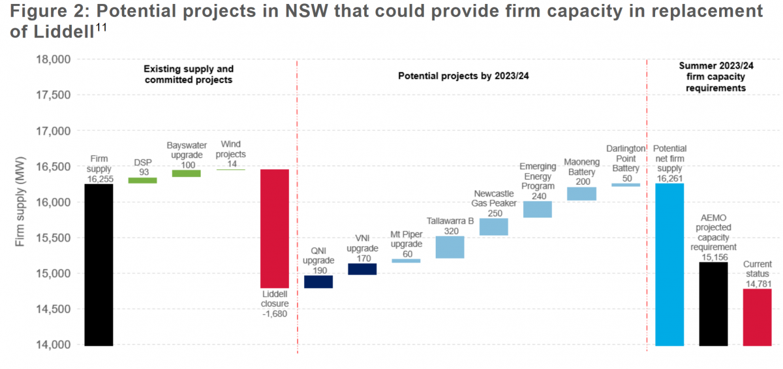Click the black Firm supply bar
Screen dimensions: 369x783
tap(99, 264)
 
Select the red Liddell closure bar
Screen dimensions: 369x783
tap(275, 229)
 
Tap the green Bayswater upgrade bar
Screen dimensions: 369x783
tap(187, 173)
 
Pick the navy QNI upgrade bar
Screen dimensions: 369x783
tap(318, 281)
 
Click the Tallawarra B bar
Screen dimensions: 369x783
tap(450, 247)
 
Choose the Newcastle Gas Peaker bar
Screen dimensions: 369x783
tap(494, 226)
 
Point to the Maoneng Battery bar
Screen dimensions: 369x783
tap(581, 194)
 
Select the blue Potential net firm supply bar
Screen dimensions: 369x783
tap(669, 264)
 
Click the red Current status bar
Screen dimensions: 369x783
tap(757, 317)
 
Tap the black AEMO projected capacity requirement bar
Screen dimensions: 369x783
tap(713, 303)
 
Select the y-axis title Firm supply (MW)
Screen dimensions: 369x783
tap(20, 202)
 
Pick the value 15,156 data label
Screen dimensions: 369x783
tap(713, 257)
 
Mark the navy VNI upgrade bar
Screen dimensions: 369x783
tap(362, 269)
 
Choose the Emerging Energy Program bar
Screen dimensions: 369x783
tap(538, 209)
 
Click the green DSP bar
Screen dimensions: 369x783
tap(142, 180)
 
